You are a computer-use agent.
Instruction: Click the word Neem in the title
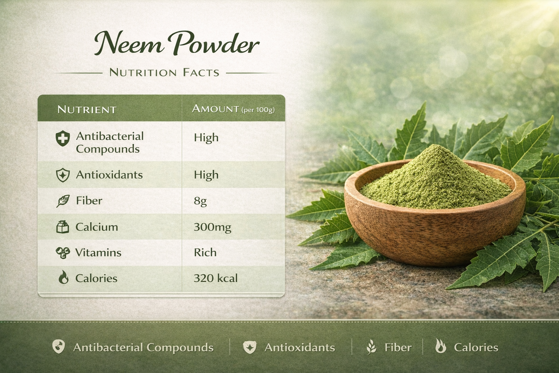(129, 43)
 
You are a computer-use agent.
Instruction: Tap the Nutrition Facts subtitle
(164, 72)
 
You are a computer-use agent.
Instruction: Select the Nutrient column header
(87, 109)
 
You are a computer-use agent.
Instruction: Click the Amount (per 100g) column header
(233, 109)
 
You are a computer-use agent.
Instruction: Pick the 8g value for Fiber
(201, 201)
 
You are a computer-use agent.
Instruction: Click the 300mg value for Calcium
(213, 227)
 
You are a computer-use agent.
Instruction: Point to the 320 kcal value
(215, 278)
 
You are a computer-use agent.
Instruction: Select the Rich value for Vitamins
(205, 252)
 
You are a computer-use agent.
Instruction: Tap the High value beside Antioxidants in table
(206, 175)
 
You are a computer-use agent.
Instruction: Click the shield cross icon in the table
(63, 138)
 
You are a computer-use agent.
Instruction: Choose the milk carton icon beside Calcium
(63, 227)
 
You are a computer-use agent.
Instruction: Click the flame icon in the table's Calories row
(63, 277)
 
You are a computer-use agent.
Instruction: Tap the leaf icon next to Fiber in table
(63, 201)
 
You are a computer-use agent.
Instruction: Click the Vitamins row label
(98, 252)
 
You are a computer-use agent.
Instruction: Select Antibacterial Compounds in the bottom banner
(143, 348)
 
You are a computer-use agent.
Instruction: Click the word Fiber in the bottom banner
(398, 348)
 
